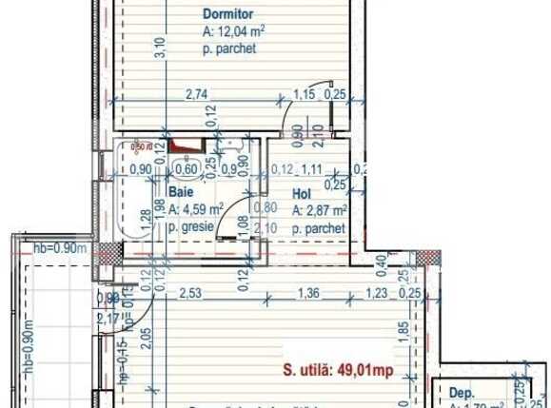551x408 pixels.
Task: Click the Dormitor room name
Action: point(226,14)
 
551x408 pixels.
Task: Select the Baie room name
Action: point(179,191)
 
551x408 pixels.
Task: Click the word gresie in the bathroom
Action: point(203,229)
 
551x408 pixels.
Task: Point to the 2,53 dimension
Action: point(190,293)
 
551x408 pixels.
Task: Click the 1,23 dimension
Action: point(378,294)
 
